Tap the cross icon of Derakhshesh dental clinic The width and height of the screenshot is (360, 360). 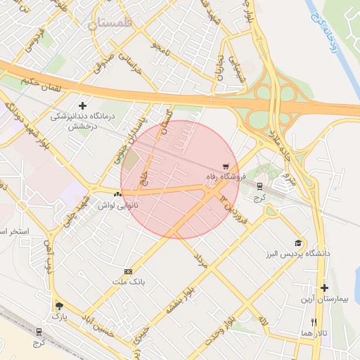[82, 105]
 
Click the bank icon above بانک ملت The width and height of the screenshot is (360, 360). [128, 271]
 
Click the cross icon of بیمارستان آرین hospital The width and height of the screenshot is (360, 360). [324, 288]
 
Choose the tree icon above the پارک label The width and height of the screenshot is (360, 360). [58, 307]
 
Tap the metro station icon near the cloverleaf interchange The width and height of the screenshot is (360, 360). [260, 186]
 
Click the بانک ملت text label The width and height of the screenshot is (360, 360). [128, 282]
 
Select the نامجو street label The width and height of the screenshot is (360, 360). [161, 51]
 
